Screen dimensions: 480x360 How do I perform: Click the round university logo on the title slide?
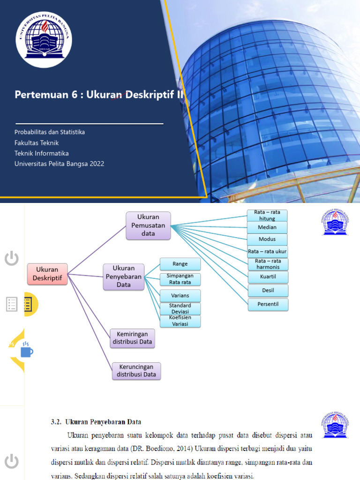click(x=45, y=40)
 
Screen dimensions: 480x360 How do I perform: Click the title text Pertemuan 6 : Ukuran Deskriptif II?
click(x=98, y=95)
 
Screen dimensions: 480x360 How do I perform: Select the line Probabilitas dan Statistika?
click(x=50, y=132)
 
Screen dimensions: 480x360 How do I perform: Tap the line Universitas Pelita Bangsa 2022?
click(x=60, y=164)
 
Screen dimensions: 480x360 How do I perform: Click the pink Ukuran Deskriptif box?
click(x=47, y=274)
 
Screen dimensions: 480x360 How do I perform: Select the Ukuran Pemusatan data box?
click(x=148, y=225)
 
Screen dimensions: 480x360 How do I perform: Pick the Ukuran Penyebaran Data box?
click(x=124, y=277)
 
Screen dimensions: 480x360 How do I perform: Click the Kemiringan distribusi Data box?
click(x=133, y=338)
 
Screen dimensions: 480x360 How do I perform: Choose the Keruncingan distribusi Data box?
click(x=136, y=370)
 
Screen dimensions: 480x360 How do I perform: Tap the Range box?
click(x=180, y=264)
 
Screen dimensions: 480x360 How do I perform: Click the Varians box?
click(x=180, y=296)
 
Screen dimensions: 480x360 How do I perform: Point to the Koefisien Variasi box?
click(x=180, y=321)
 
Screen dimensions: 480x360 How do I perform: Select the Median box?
click(x=267, y=227)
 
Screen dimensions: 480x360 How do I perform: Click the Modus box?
click(x=267, y=239)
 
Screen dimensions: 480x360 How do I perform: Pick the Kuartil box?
click(x=268, y=277)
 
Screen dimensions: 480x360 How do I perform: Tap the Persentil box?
click(x=268, y=304)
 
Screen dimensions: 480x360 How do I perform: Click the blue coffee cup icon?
click(x=26, y=351)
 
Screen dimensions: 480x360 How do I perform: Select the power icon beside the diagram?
click(x=12, y=258)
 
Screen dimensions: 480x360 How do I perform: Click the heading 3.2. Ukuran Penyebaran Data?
click(x=96, y=422)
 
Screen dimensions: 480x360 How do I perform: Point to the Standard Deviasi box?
click(x=180, y=308)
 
